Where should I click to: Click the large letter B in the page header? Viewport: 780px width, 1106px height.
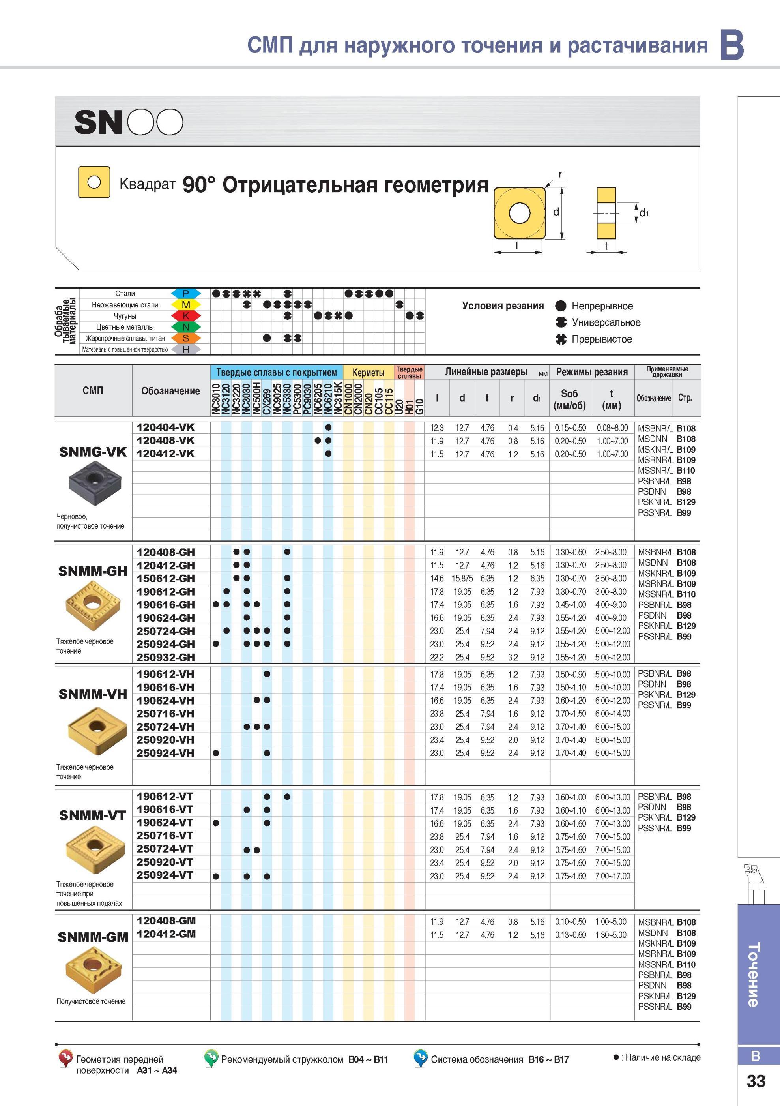click(x=732, y=45)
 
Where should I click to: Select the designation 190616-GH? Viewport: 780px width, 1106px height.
click(x=166, y=605)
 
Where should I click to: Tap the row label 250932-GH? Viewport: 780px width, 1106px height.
click(x=166, y=657)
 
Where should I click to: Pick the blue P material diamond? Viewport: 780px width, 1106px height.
click(x=186, y=293)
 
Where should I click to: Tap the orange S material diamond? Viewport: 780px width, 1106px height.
click(x=186, y=338)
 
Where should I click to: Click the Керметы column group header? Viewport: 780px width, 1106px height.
click(x=368, y=372)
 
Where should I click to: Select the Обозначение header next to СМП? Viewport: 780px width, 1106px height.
click(x=170, y=391)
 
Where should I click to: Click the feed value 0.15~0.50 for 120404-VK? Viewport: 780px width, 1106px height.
click(x=570, y=428)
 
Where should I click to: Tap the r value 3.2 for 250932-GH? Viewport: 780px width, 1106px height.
click(x=513, y=657)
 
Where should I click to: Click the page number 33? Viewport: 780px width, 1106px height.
click(x=756, y=1081)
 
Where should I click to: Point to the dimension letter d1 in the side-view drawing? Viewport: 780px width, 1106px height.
click(x=644, y=212)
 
